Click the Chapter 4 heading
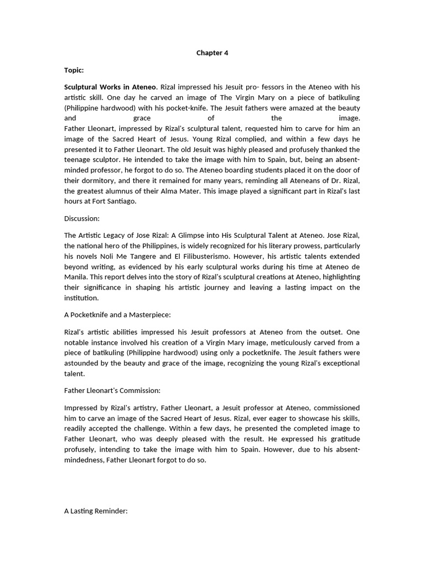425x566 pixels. [x=212, y=53]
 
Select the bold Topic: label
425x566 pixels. [x=74, y=71]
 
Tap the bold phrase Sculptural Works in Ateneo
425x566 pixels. [x=111, y=87]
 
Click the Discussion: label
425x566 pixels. [x=82, y=219]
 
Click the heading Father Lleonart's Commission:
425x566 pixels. [x=112, y=390]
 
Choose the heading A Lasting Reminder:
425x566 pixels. [x=96, y=511]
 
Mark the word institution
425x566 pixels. [x=81, y=297]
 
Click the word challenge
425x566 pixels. [x=167, y=428]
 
